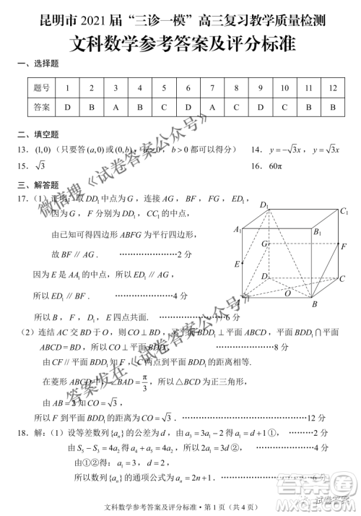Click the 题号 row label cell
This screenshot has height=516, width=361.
[42, 87]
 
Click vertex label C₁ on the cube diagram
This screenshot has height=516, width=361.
[344, 211]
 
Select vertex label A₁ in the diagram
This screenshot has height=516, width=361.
[237, 229]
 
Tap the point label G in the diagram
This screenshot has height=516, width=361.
[265, 244]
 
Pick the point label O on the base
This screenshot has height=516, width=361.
[288, 293]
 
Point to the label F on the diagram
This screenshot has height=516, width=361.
[344, 247]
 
